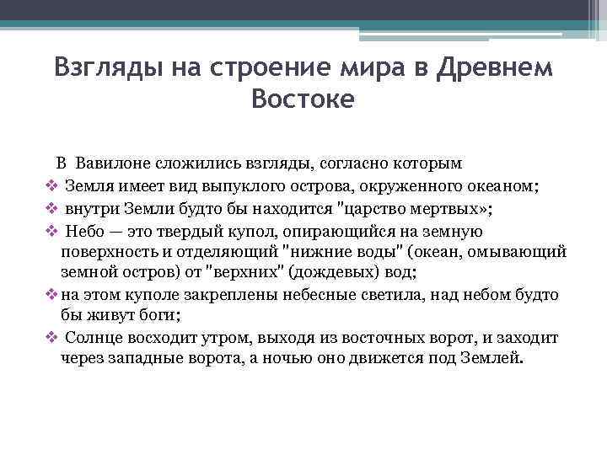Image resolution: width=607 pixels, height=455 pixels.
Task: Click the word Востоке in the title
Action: pos(303,99)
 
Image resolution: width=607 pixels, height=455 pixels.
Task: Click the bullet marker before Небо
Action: pos(51,230)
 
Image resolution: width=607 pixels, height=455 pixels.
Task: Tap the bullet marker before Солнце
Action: pos(51,337)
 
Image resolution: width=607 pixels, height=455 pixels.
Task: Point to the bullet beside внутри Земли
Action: pos(51,207)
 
